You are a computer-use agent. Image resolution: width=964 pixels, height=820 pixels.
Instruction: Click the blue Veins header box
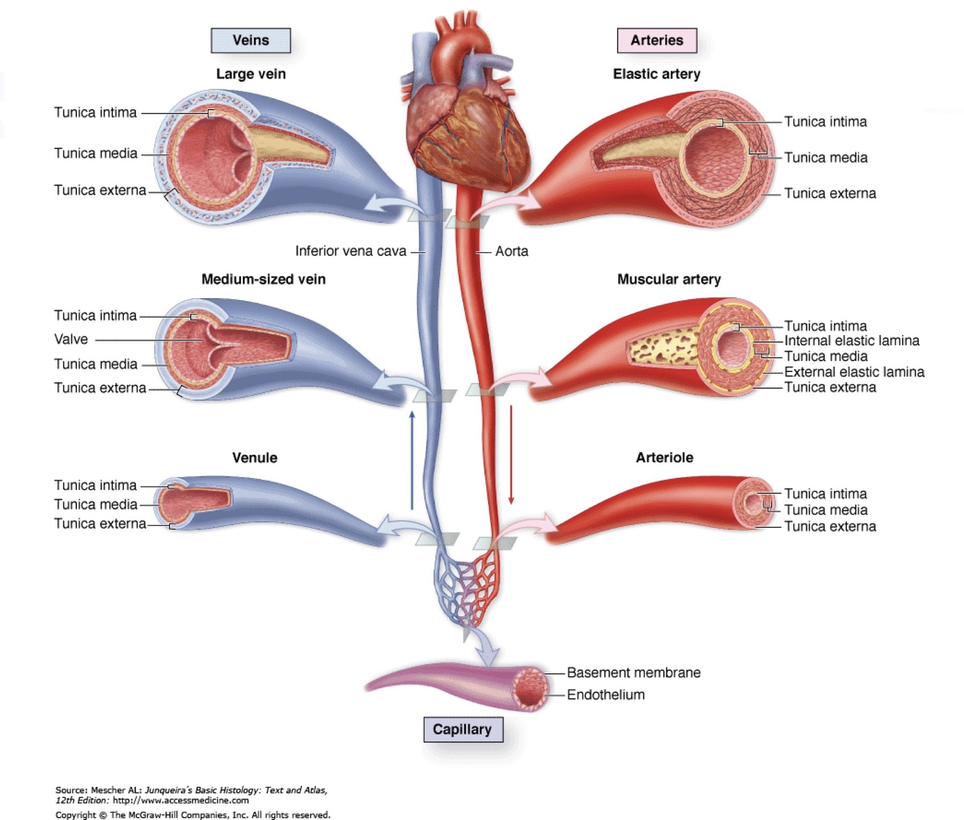coord(250,40)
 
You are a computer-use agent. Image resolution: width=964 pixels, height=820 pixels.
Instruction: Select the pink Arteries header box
coord(656,40)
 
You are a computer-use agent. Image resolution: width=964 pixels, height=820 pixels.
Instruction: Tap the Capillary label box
coord(463,729)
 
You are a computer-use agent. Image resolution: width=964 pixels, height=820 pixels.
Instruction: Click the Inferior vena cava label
coord(350,251)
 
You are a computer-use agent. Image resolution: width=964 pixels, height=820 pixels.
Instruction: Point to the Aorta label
coord(512,251)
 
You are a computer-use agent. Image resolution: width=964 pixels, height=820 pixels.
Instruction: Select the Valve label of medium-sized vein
coord(71,339)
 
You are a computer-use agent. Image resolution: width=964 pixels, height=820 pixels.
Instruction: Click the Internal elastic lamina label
coord(851,341)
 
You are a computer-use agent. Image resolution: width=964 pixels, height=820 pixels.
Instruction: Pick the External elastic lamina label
coord(854,372)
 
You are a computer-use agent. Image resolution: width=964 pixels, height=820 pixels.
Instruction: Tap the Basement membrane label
coord(633,672)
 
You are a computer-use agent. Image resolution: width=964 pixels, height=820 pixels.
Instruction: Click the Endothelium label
coord(606,695)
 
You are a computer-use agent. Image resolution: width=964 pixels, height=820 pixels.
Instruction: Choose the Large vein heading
coord(250,74)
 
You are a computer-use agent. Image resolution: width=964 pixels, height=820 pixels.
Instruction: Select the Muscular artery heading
coord(669,279)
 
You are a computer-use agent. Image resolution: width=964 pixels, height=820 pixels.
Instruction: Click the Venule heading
coord(254,458)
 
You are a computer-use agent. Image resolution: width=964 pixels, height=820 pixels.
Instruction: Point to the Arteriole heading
coord(665,457)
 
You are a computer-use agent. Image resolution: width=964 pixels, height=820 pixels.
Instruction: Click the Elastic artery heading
coord(656,74)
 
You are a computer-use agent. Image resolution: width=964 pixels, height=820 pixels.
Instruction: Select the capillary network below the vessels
coord(465,587)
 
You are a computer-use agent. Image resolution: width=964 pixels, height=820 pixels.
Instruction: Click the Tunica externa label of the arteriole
coord(830,526)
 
